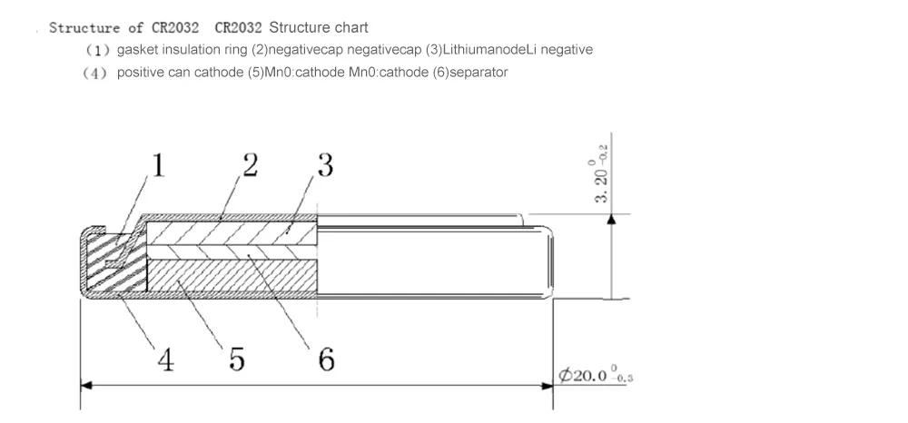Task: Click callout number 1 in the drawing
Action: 158,166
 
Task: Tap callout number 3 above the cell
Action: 324,165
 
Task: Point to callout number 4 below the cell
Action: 165,360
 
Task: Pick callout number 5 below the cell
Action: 236,360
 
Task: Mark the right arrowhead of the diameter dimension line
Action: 548,385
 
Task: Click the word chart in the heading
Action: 350,27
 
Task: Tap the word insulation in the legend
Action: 187,50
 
